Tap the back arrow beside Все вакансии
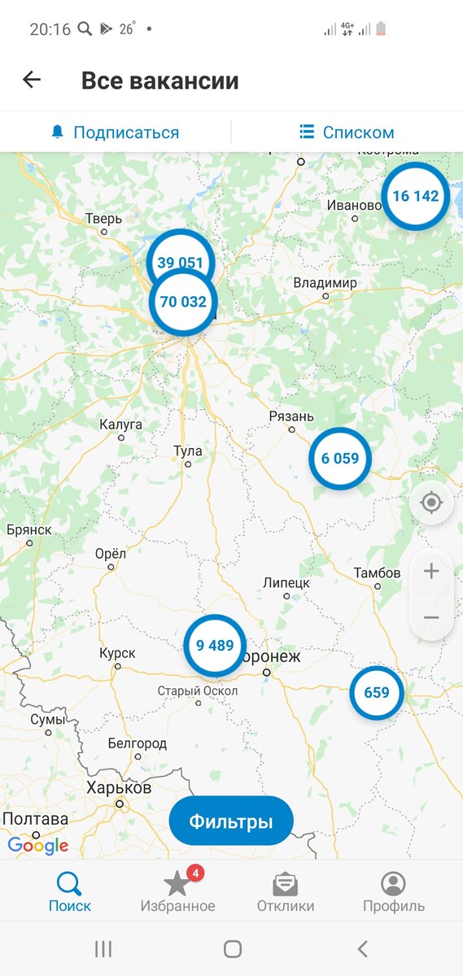(32, 80)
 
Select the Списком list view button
(347, 133)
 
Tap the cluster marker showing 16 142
(415, 196)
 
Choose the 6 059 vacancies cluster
(339, 459)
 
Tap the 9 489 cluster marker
(215, 646)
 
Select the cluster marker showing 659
(377, 693)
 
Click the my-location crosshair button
(431, 503)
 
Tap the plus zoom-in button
(431, 571)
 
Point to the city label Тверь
(104, 219)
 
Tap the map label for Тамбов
(377, 573)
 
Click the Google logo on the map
(38, 846)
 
